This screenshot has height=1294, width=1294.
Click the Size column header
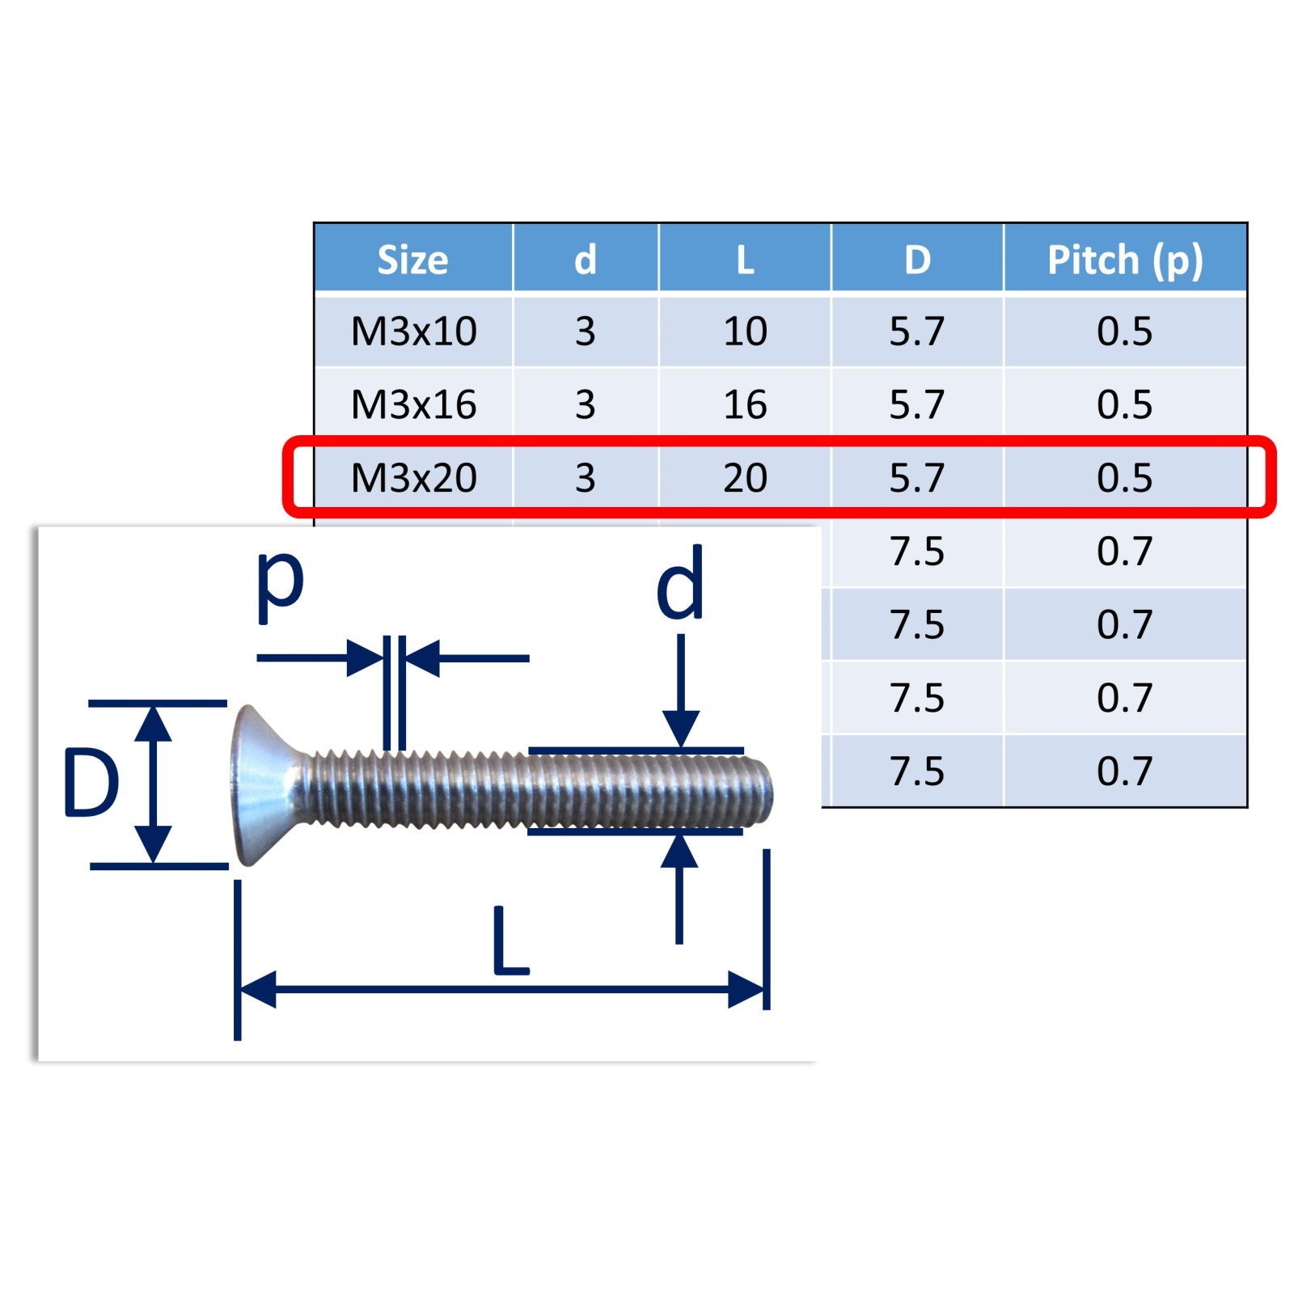[412, 260]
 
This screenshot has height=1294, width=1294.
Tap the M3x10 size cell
[413, 332]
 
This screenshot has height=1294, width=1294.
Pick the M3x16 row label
[413, 404]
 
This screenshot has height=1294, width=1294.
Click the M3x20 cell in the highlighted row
[413, 478]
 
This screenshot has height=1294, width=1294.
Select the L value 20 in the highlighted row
[745, 478]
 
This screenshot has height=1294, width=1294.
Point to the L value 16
[745, 404]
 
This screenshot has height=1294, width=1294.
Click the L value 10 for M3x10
[745, 332]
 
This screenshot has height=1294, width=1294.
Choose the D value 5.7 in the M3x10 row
[917, 332]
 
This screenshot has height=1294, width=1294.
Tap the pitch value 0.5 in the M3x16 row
[1124, 404]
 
